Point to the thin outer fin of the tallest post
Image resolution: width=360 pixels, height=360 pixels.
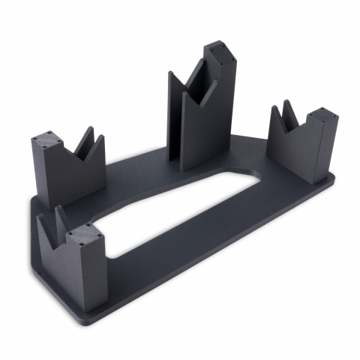(173, 112)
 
